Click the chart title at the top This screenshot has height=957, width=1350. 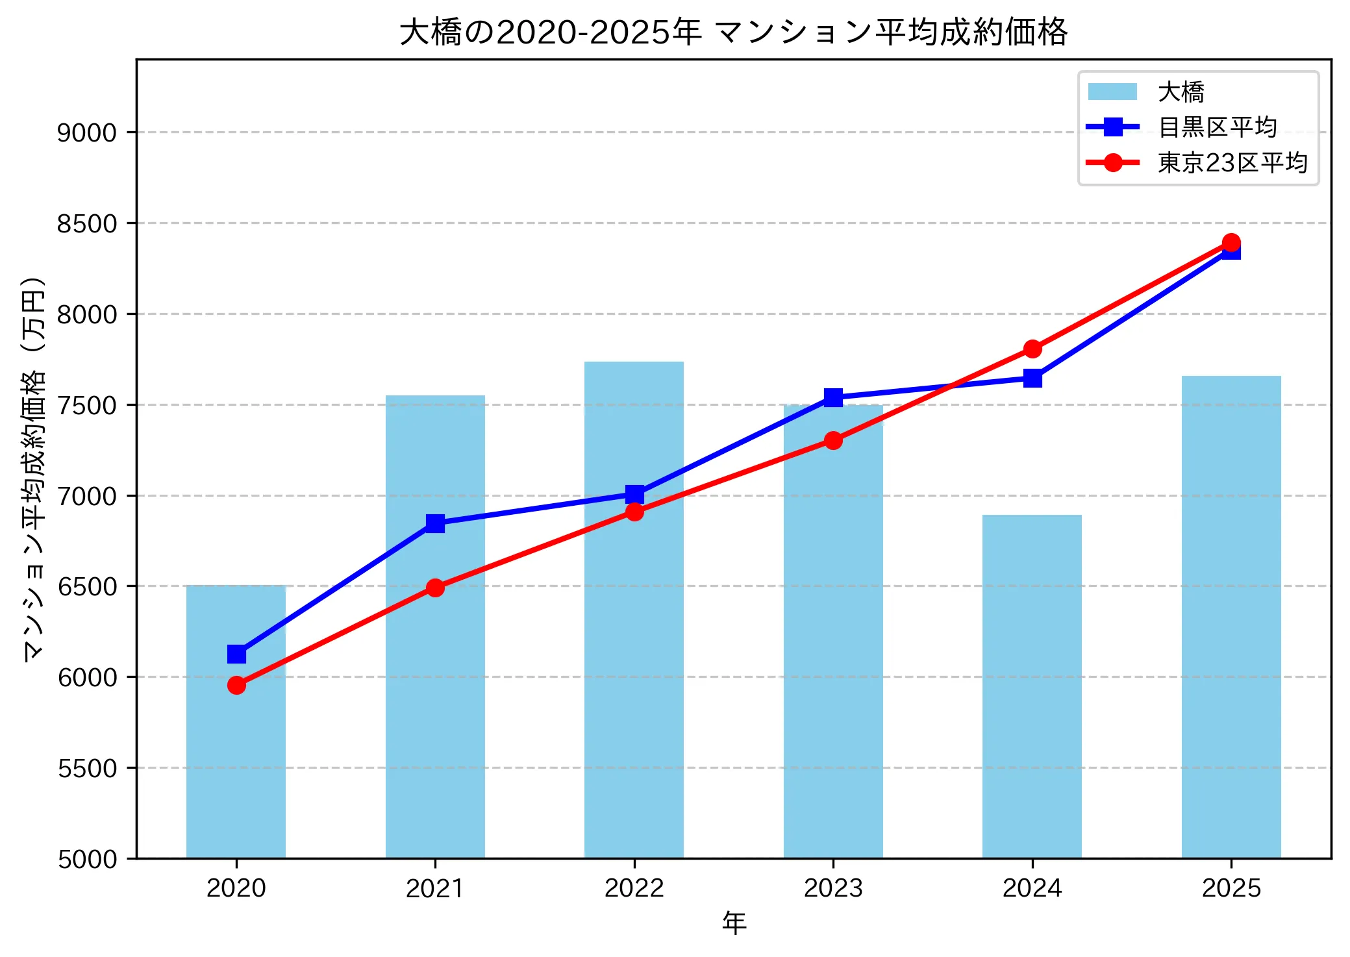(733, 32)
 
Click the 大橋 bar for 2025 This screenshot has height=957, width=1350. (1231, 617)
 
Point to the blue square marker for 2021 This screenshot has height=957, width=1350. (435, 523)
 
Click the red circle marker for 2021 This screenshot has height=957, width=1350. (435, 588)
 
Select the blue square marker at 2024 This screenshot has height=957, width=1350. (1032, 378)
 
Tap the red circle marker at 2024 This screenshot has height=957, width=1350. (1032, 349)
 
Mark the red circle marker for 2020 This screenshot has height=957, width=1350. (236, 686)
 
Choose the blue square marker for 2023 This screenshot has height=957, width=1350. (833, 397)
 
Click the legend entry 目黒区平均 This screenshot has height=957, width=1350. (1218, 127)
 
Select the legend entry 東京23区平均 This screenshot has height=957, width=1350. (1232, 163)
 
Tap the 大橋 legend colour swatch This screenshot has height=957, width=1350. (1112, 92)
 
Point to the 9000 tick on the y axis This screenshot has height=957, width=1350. (86, 133)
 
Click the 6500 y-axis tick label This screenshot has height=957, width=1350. (86, 587)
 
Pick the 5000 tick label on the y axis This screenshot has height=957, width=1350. (86, 860)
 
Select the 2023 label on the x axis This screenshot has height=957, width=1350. (833, 888)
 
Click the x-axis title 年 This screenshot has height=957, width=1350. (734, 923)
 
